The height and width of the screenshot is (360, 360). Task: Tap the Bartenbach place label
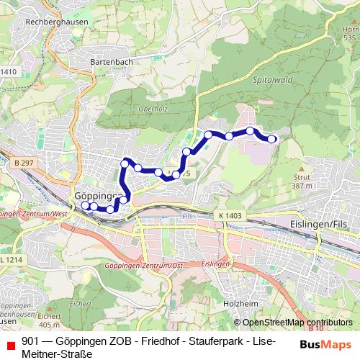click(x=111, y=62)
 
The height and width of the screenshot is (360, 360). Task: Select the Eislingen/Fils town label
click(x=318, y=225)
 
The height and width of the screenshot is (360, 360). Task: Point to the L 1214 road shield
click(x=12, y=259)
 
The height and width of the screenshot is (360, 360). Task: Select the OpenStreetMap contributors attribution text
click(x=297, y=323)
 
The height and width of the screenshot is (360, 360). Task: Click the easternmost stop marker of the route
click(x=272, y=139)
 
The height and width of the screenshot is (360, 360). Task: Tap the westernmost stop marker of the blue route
click(x=84, y=205)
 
